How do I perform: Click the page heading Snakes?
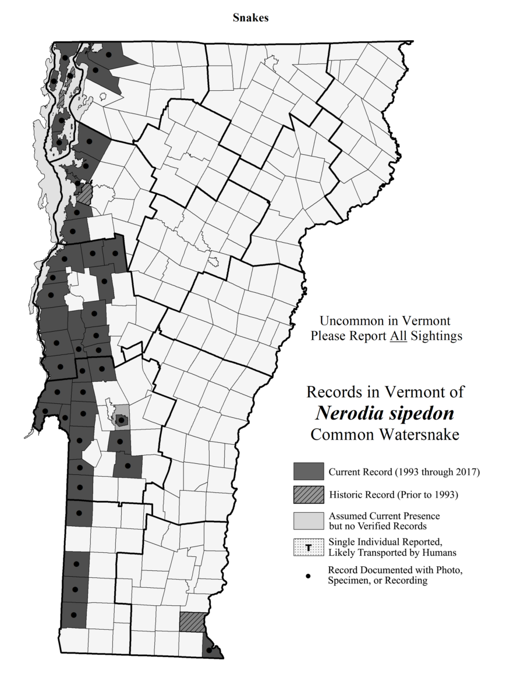click(250, 17)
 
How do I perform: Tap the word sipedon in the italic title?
click(419, 414)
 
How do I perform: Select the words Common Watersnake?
click(385, 435)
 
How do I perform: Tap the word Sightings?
click(437, 336)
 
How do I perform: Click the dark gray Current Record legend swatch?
click(308, 471)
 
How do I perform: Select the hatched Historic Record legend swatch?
click(308, 495)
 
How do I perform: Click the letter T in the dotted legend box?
click(308, 546)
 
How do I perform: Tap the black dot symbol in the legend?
click(308, 576)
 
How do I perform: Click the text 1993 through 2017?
click(437, 472)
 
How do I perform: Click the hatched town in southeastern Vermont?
click(192, 622)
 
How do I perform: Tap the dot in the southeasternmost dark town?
click(209, 650)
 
